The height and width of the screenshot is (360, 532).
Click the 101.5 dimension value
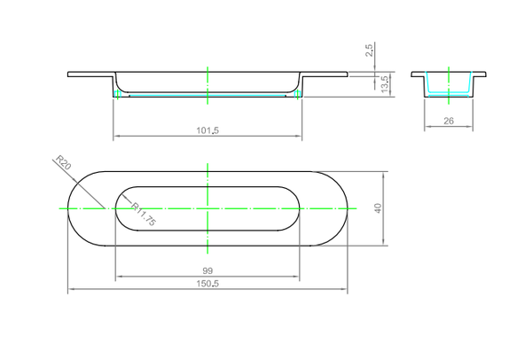click(207, 130)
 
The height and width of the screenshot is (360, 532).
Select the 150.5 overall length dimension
click(207, 284)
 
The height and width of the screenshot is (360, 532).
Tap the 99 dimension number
click(207, 270)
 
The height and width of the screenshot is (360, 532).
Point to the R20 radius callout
click(63, 162)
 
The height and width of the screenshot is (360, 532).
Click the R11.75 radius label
click(144, 214)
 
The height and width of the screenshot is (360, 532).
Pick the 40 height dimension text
click(378, 208)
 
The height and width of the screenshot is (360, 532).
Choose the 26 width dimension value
click(449, 121)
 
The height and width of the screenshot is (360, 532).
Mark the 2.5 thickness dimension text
click(370, 51)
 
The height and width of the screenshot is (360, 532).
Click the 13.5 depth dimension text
click(385, 84)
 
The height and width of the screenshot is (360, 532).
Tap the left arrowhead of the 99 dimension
click(119, 277)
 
